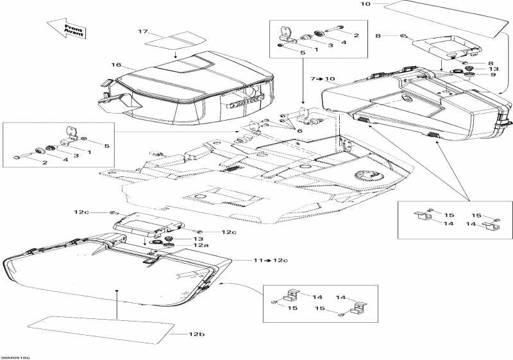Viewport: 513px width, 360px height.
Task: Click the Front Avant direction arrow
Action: pyautogui.click(x=67, y=30)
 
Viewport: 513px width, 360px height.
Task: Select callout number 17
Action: pyautogui.click(x=143, y=31)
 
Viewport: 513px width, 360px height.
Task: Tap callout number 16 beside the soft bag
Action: pyautogui.click(x=116, y=65)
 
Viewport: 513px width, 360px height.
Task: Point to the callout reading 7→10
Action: pyautogui.click(x=323, y=79)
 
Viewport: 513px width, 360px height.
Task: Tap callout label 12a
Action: pyautogui.click(x=202, y=245)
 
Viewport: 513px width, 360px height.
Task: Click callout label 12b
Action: pyautogui.click(x=196, y=335)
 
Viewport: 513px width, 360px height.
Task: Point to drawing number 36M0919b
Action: pyautogui.click(x=15, y=352)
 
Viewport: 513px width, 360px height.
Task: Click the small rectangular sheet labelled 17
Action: pyautogui.click(x=168, y=42)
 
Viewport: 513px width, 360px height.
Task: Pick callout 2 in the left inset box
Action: pyautogui.click(x=44, y=163)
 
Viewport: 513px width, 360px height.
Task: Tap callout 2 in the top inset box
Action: pyautogui.click(x=356, y=35)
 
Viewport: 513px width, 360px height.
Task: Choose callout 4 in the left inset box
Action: pyautogui.click(x=65, y=160)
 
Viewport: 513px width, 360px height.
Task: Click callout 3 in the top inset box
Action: pyautogui.click(x=330, y=45)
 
